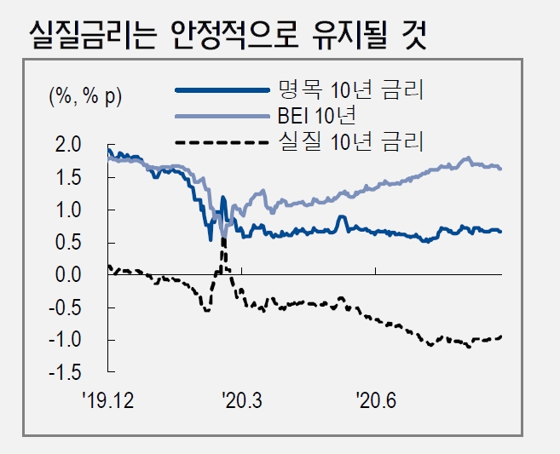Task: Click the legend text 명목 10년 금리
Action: (x=350, y=89)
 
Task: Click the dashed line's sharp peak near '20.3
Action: (x=224, y=241)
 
